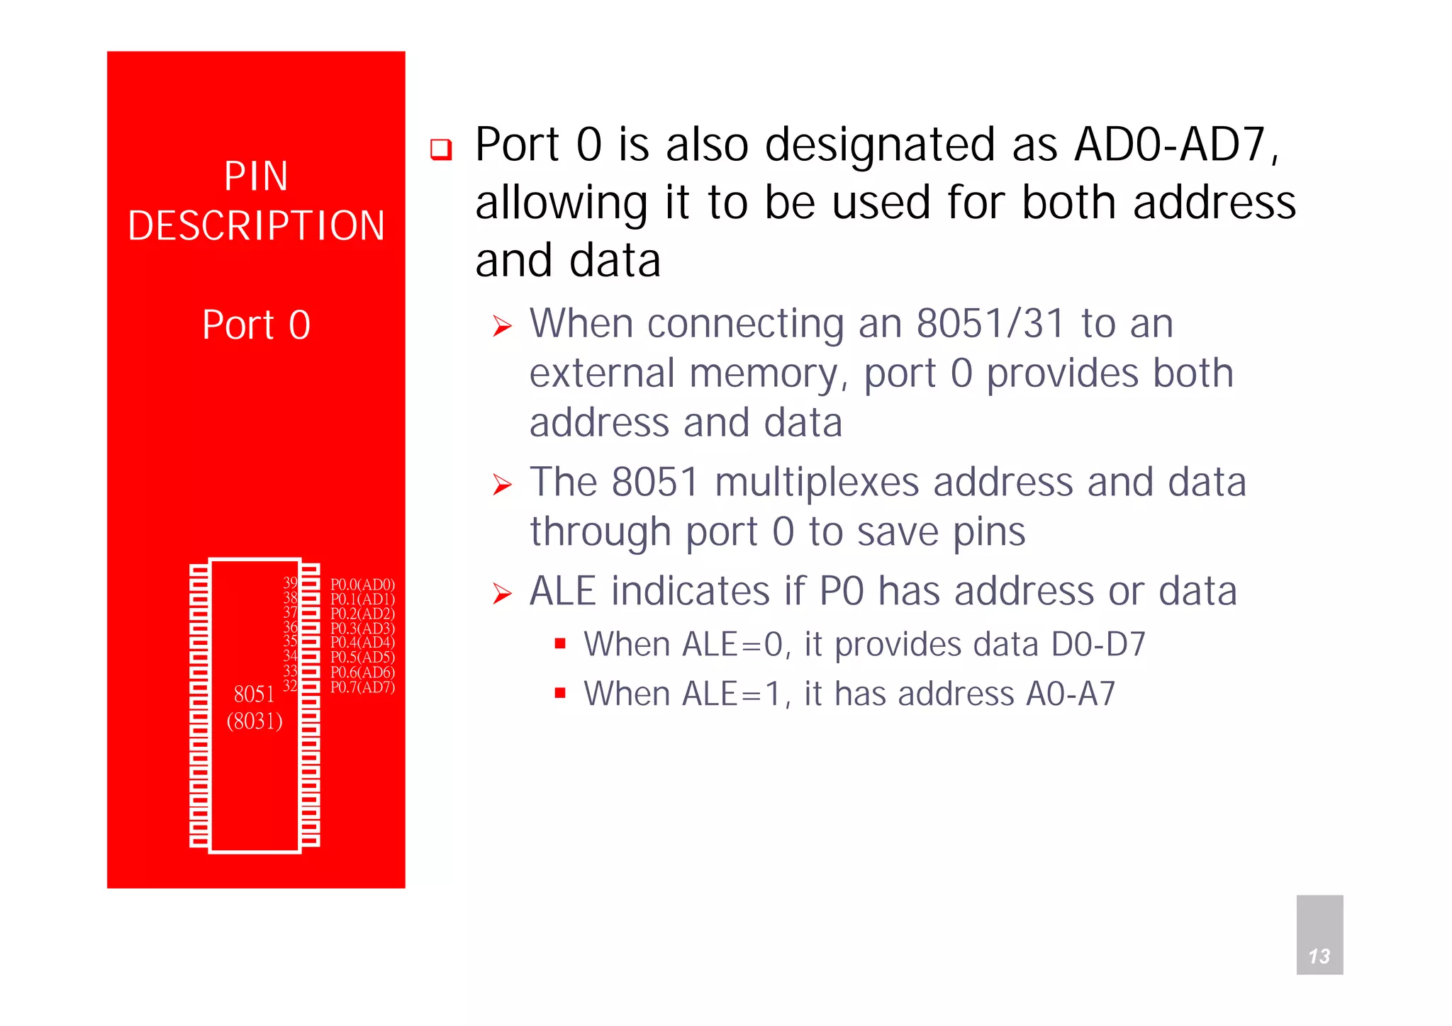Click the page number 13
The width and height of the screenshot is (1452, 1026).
(1319, 957)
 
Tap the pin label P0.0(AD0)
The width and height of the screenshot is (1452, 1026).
(362, 585)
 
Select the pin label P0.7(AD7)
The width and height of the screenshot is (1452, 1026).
(362, 687)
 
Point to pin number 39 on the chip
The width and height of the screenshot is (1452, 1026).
(290, 582)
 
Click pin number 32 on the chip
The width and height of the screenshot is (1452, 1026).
(290, 685)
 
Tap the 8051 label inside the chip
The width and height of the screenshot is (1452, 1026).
(254, 694)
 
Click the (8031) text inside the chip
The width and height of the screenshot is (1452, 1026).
(255, 721)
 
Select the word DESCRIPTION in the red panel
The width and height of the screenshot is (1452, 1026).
(256, 226)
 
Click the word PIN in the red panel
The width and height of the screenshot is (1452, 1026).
(256, 176)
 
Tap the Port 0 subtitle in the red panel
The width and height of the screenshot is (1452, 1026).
(256, 325)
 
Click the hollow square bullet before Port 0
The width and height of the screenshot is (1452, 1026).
(441, 150)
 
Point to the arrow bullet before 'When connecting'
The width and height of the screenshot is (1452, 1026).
(502, 327)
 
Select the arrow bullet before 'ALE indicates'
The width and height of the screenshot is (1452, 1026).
(502, 594)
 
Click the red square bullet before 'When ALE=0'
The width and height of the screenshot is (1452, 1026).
(560, 644)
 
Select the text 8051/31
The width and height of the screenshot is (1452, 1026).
(990, 324)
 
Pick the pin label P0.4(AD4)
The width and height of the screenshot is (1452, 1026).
(362, 643)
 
